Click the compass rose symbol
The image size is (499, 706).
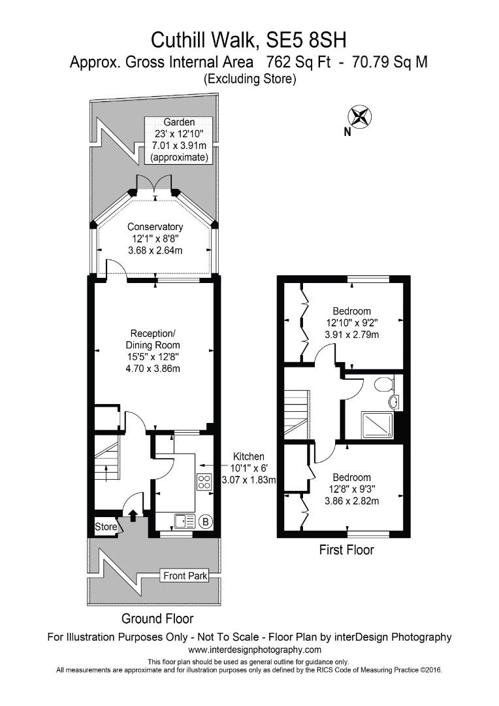click(360, 117)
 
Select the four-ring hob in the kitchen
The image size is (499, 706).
click(204, 482)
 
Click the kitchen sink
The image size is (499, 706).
click(184, 521)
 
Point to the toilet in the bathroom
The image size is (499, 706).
click(384, 383)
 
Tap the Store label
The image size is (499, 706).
click(105, 527)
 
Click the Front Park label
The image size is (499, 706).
click(185, 576)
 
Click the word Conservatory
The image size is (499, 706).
click(155, 227)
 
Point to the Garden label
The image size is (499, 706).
click(178, 122)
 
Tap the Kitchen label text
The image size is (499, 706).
click(249, 456)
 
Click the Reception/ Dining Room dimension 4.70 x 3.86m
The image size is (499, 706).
click(153, 369)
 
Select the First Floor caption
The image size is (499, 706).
click(346, 550)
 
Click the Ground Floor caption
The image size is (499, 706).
click(157, 618)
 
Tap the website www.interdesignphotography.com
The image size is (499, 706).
click(255, 650)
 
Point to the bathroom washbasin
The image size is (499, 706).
click(394, 401)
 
